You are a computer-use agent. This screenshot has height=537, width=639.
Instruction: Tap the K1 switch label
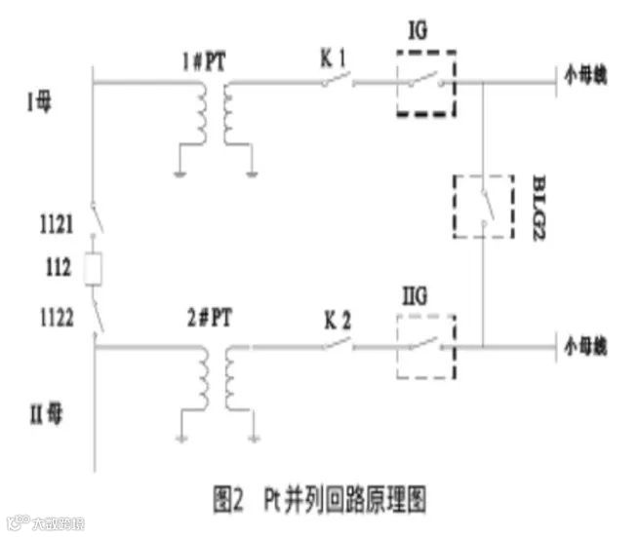click(x=335, y=59)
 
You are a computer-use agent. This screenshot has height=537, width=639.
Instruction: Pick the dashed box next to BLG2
click(x=483, y=206)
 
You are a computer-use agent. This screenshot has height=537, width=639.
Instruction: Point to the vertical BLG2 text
click(x=538, y=206)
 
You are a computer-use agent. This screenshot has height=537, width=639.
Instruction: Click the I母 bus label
click(x=40, y=101)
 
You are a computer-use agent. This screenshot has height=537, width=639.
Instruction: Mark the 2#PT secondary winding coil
click(x=232, y=376)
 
